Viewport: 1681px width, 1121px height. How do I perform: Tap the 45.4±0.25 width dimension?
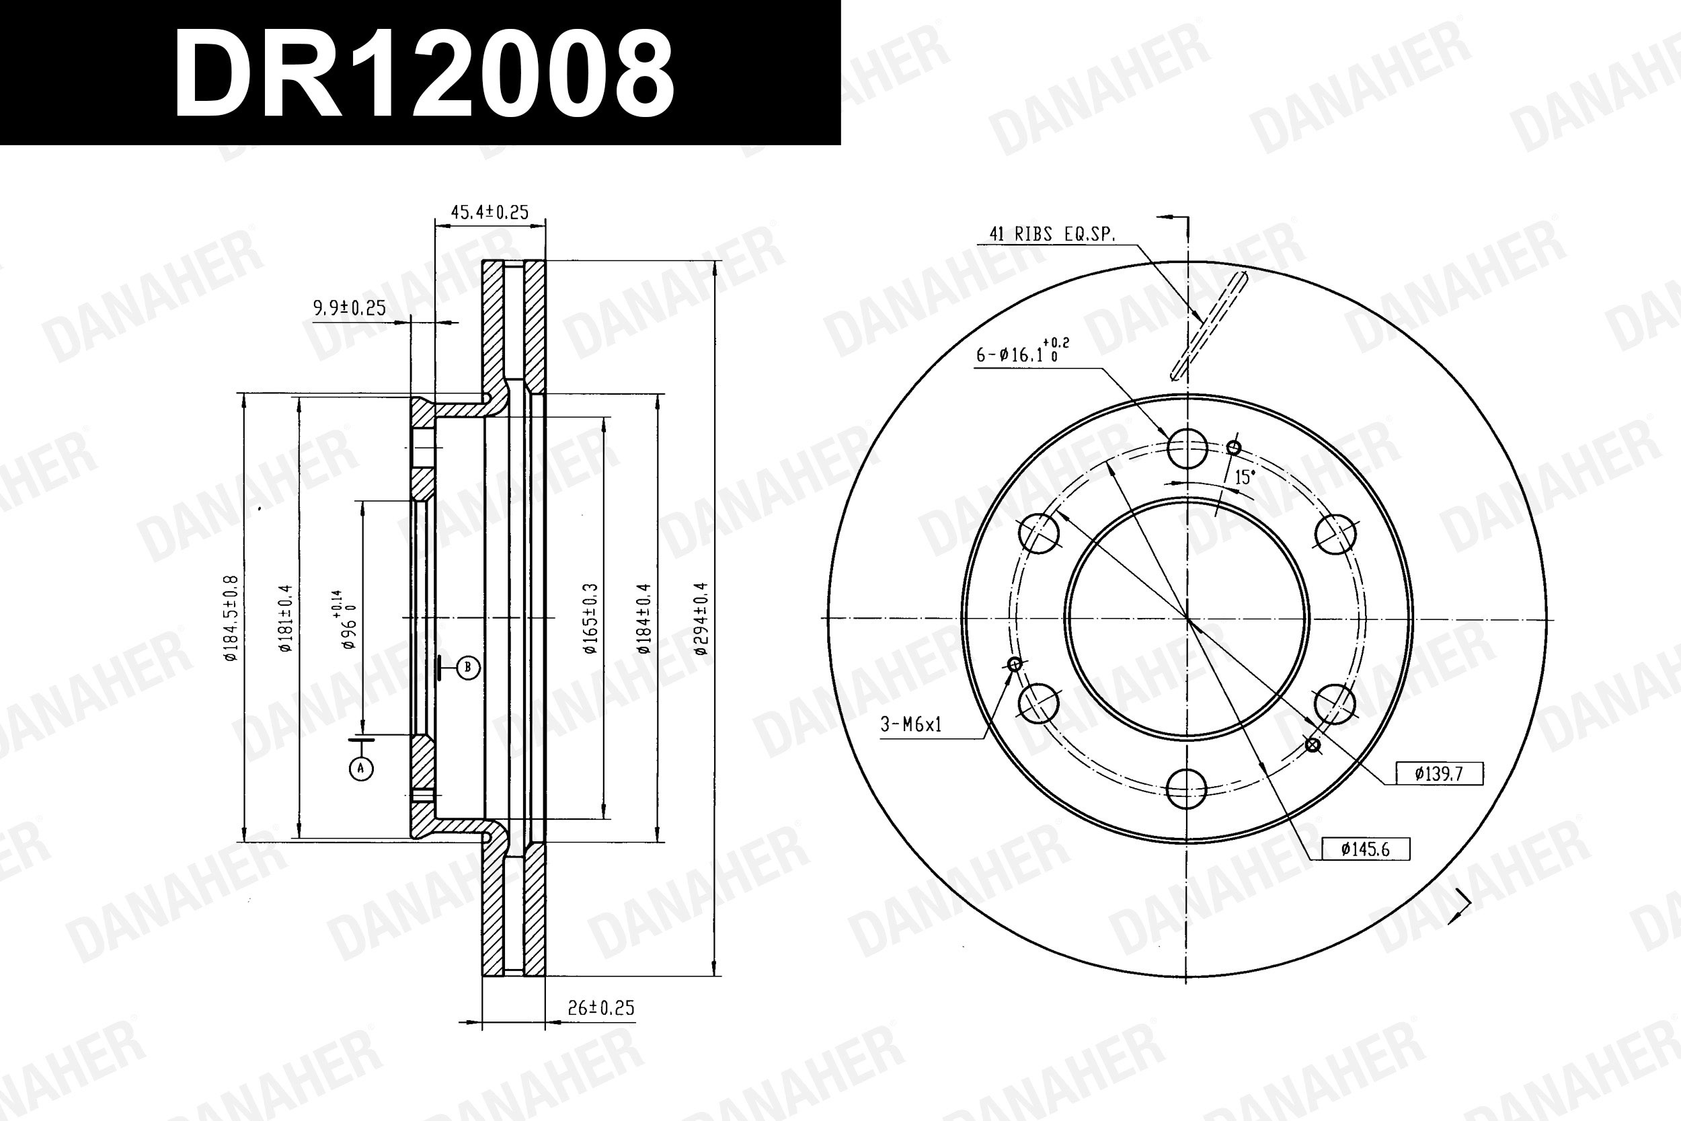tap(490, 212)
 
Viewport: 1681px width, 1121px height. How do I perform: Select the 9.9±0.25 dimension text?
tap(350, 308)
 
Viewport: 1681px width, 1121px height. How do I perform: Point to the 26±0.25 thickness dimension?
tap(601, 1007)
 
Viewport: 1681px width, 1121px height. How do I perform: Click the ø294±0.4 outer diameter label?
tap(701, 619)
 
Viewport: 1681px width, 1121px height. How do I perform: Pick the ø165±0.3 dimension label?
tap(590, 619)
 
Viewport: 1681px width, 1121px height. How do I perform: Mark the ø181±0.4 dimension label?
tap(286, 619)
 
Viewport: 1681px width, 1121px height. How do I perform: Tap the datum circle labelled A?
tap(361, 769)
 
